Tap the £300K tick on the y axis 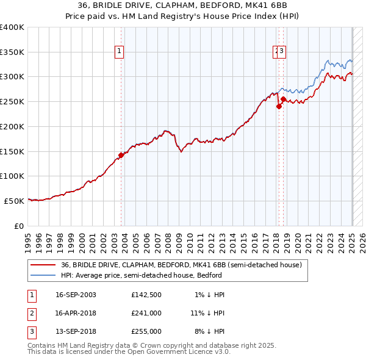[12, 77]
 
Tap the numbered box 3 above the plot [282, 52]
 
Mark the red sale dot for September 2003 [121, 155]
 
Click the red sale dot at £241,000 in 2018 [279, 106]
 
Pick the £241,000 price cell [146, 313]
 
